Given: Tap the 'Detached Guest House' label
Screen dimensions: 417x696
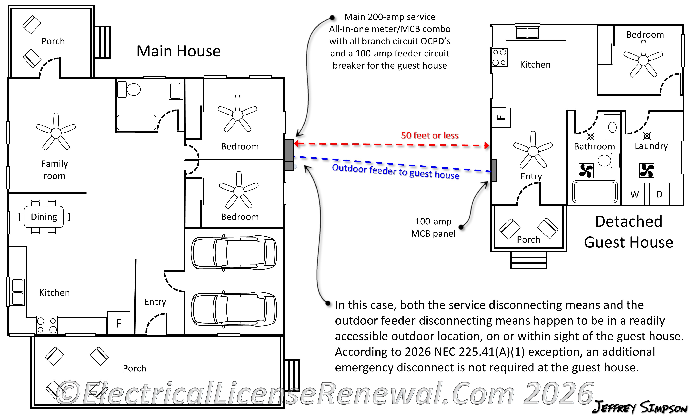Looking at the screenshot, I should pyautogui.click(x=628, y=232).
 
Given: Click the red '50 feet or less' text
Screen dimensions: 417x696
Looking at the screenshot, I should pyautogui.click(x=430, y=136).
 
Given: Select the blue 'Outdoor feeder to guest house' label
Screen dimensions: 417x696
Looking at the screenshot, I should pyautogui.click(x=396, y=171).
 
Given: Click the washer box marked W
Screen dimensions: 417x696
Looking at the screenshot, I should pyautogui.click(x=634, y=194).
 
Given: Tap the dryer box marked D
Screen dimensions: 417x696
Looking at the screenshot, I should pyautogui.click(x=659, y=194).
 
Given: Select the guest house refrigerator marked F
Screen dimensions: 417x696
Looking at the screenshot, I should pyautogui.click(x=501, y=117).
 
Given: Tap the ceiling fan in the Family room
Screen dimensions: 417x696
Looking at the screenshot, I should pyautogui.click(x=56, y=132).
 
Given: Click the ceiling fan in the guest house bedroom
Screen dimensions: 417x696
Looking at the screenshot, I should pyautogui.click(x=643, y=60).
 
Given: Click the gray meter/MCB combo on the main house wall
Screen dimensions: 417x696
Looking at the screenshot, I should pyautogui.click(x=289, y=155).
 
